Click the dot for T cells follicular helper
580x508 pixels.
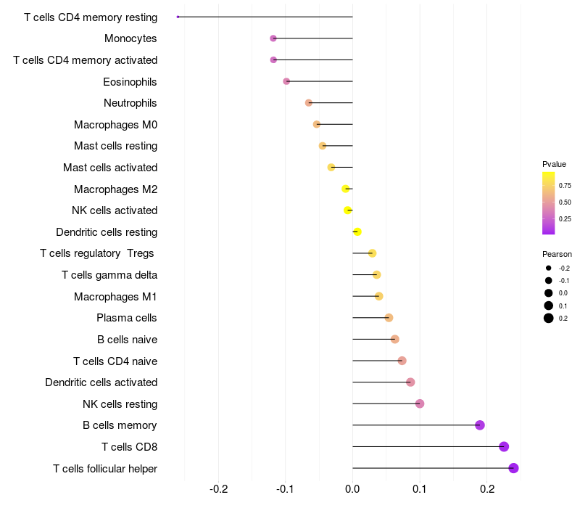[x=513, y=468]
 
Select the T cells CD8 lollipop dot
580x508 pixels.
[x=504, y=446]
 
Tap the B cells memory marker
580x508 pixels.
[x=479, y=425]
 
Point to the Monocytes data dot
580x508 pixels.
[x=273, y=38]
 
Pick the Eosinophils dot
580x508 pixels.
[x=286, y=81]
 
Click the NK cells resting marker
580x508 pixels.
[x=419, y=403]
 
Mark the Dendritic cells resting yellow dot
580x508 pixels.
[x=357, y=232]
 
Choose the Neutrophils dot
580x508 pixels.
[x=308, y=103]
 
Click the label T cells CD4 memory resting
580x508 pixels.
[x=91, y=17]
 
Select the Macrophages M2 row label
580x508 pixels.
[x=115, y=189]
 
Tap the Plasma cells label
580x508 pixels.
[x=127, y=318]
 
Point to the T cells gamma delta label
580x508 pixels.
[x=109, y=275]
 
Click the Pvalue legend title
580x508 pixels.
[x=554, y=164]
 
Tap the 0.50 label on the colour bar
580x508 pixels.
[x=565, y=202]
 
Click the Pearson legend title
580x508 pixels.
[x=557, y=254]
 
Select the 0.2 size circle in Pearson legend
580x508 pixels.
[x=549, y=318]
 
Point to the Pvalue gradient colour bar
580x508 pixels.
[x=548, y=203]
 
